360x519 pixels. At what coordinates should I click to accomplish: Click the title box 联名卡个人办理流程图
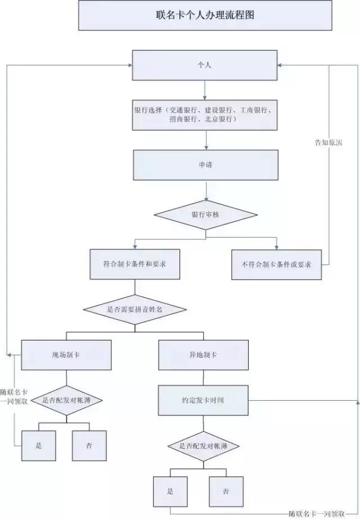pos(205,16)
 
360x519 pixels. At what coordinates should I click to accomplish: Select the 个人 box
pos(205,65)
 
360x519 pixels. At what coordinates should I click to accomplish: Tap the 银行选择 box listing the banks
pos(205,115)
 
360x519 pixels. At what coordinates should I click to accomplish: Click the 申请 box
pos(205,165)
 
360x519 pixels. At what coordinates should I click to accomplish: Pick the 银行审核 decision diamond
pos(205,215)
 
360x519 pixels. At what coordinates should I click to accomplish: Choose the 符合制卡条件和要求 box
pos(134,264)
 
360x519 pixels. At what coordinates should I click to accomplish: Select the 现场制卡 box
pos(65,355)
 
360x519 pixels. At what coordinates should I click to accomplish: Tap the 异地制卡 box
pos(204,355)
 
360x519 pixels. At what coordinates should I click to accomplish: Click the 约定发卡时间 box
pos(204,400)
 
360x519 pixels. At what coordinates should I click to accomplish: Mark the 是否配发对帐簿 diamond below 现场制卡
pos(65,401)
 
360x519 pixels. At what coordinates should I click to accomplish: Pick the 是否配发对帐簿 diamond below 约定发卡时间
pos(204,446)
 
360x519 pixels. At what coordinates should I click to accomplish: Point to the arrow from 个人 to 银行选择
pos(205,89)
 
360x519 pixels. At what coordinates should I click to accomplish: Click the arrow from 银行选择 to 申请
pos(207,140)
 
